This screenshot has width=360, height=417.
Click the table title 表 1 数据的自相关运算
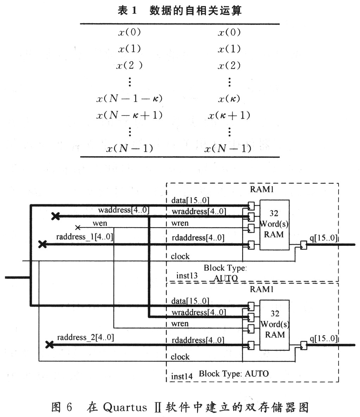(179, 11)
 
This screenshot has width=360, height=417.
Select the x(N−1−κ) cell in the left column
(130, 99)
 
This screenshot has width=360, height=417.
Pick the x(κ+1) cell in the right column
(229, 116)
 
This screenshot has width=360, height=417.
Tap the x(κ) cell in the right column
(229, 99)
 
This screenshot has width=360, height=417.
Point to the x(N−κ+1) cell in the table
(130, 116)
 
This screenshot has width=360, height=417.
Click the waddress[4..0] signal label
(124, 210)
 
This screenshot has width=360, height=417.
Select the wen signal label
(100, 223)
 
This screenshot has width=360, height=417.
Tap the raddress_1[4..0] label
(85, 237)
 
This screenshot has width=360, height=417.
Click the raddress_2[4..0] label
(86, 337)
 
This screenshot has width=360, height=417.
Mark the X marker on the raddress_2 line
(50, 345)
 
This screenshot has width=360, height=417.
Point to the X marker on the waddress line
(55, 216)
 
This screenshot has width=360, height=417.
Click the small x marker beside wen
(78, 228)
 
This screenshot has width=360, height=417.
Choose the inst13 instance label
(187, 276)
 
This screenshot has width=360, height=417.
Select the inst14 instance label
(182, 376)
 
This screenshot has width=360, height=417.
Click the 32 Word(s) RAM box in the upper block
(274, 225)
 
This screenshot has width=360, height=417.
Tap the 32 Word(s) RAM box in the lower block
(274, 325)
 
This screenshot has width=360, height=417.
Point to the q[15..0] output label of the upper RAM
(323, 238)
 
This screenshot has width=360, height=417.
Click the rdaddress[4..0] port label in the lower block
(198, 340)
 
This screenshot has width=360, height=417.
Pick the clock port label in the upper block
(180, 256)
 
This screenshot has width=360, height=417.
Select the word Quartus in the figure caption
(125, 408)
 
